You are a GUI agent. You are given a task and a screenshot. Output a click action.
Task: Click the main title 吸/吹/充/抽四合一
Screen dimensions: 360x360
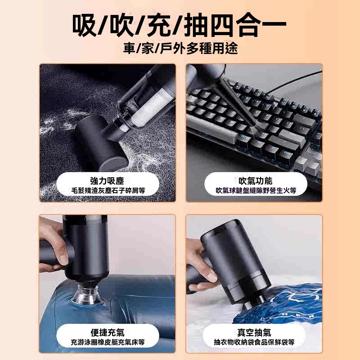pyautogui.click(x=179, y=25)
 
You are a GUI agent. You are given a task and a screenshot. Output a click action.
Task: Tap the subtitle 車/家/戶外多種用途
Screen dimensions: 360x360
pyautogui.click(x=180, y=49)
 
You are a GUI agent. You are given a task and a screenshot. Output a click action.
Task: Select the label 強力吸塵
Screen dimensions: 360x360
pyautogui.click(x=107, y=181)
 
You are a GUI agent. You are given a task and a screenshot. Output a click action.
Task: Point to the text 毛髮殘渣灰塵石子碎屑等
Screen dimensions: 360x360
pyautogui.click(x=108, y=190)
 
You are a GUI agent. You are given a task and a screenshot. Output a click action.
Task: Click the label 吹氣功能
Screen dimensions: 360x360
pyautogui.click(x=255, y=181)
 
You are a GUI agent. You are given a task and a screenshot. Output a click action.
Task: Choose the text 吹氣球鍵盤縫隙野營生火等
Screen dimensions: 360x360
pyautogui.click(x=256, y=190)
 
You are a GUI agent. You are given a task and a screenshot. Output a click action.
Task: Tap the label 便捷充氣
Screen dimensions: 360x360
pyautogui.click(x=107, y=333)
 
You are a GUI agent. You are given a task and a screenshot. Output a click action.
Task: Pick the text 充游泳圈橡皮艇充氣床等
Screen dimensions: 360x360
pyautogui.click(x=108, y=342)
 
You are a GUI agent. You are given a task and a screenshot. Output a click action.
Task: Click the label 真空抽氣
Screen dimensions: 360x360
pyautogui.click(x=254, y=333)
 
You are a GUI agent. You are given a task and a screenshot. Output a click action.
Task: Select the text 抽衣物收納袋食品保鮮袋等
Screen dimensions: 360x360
pyautogui.click(x=254, y=342)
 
